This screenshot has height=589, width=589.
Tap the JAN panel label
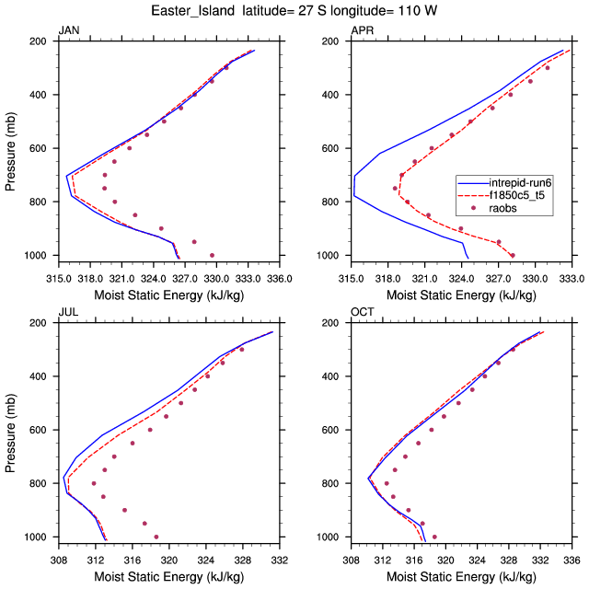[x=69, y=30]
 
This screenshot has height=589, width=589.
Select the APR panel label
[x=362, y=30]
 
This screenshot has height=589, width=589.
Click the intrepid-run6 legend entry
[x=520, y=182]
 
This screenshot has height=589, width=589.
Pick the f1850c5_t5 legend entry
[x=520, y=195]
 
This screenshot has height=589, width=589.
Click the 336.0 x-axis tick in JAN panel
[x=277, y=276]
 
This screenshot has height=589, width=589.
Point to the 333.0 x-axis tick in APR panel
[x=571, y=276]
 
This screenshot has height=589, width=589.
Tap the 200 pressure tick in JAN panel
[x=38, y=41]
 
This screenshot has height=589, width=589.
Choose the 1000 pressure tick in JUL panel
[x=35, y=537]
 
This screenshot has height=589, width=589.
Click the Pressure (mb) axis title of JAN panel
[x=10, y=148]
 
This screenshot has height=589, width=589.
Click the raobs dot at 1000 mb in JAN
[x=213, y=255]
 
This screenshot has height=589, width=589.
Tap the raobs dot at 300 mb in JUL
[x=242, y=350]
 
